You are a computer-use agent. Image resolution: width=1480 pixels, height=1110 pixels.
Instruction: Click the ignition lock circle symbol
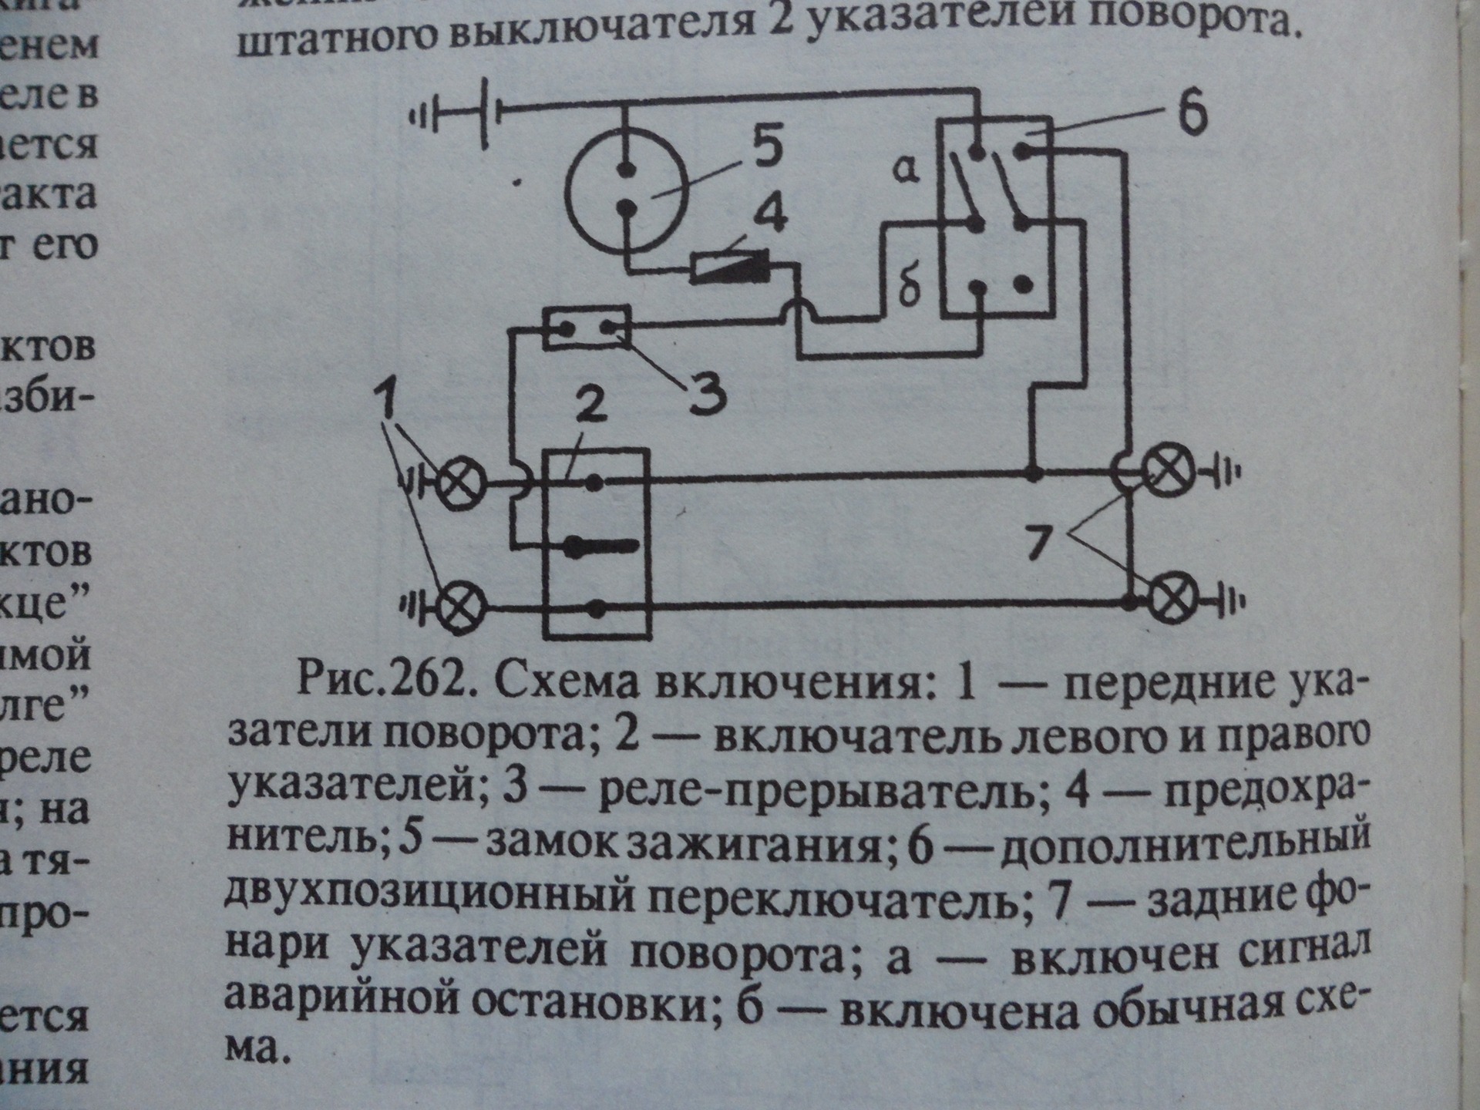pyautogui.click(x=626, y=189)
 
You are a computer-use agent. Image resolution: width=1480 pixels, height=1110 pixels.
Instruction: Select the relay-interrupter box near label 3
pyautogui.click(x=587, y=328)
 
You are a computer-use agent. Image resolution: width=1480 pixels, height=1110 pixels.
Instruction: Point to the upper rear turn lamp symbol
pyautogui.click(x=1168, y=470)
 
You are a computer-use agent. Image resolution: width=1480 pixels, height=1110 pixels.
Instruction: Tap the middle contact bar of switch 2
pyautogui.click(x=601, y=547)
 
